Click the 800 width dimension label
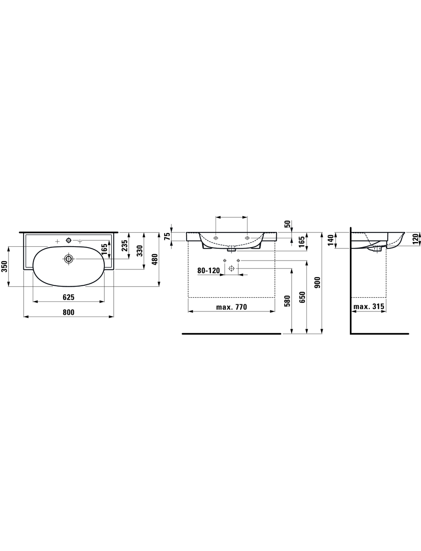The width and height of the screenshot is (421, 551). pos(69,312)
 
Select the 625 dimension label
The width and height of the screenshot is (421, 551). pos(69,297)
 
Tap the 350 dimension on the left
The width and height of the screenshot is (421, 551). pos(5,266)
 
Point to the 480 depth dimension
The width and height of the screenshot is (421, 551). pos(155,259)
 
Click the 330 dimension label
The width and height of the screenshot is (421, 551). pos(140,251)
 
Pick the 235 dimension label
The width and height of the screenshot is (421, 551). pos(125,246)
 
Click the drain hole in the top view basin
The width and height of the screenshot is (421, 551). pos(69,259)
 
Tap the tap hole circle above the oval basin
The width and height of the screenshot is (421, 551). pos(69,240)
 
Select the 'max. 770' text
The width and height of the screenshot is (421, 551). pos(232,307)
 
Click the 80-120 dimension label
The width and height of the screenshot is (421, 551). pos(209,271)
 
